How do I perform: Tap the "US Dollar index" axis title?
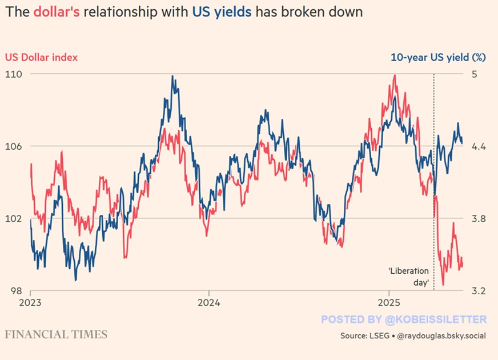41,57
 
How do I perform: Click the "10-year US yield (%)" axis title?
438,57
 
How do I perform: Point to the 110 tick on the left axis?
14,74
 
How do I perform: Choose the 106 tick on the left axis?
14,146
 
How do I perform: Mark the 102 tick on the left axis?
14,219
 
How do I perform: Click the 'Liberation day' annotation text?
407,277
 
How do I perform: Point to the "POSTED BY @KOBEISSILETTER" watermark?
404,319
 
